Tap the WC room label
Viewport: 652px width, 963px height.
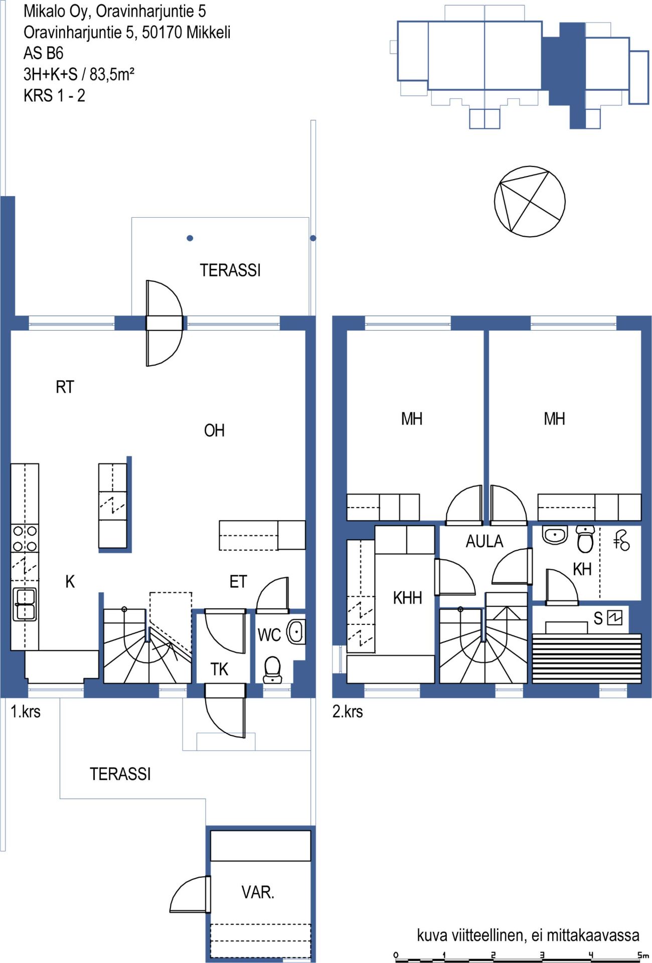click(x=269, y=635)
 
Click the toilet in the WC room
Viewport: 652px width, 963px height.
click(x=272, y=670)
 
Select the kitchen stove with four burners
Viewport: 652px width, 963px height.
click(x=25, y=538)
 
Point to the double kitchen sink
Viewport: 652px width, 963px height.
click(x=25, y=604)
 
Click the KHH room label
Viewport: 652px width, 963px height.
click(x=407, y=598)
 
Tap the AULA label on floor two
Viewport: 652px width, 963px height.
click(x=484, y=541)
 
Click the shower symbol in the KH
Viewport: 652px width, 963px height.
click(x=621, y=541)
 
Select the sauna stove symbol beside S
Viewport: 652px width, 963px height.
click(x=614, y=617)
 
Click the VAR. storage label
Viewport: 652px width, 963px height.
click(x=258, y=892)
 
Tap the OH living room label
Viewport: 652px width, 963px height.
click(x=214, y=430)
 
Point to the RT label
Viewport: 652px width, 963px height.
click(x=65, y=387)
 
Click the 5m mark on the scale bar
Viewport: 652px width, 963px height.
click(x=643, y=955)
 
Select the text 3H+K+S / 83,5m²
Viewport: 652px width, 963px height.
click(x=79, y=74)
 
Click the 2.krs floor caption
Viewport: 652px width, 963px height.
click(x=348, y=711)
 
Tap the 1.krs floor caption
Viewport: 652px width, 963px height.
click(x=26, y=711)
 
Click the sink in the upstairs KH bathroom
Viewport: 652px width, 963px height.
click(x=555, y=535)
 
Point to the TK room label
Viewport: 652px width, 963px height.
click(x=220, y=669)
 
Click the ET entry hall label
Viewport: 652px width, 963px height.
click(x=238, y=582)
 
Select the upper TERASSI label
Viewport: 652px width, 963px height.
click(x=230, y=270)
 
